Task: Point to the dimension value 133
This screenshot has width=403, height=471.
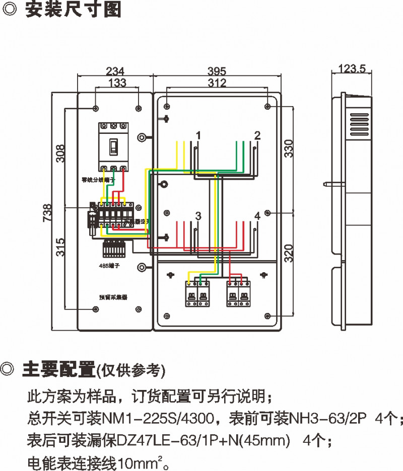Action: click(x=117, y=83)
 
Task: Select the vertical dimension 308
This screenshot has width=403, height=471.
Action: click(x=60, y=153)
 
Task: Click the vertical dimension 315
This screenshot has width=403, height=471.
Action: click(x=60, y=247)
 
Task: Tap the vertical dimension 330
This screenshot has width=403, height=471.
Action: click(x=288, y=149)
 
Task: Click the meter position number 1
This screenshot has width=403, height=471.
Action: click(x=198, y=136)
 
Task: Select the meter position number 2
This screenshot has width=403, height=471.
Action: click(x=257, y=136)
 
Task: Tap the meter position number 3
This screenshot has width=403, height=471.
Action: click(x=198, y=216)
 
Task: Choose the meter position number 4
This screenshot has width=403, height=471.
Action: click(x=257, y=216)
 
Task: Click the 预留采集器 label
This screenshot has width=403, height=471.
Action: click(x=113, y=297)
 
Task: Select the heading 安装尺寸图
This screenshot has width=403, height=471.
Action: click(x=73, y=11)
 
